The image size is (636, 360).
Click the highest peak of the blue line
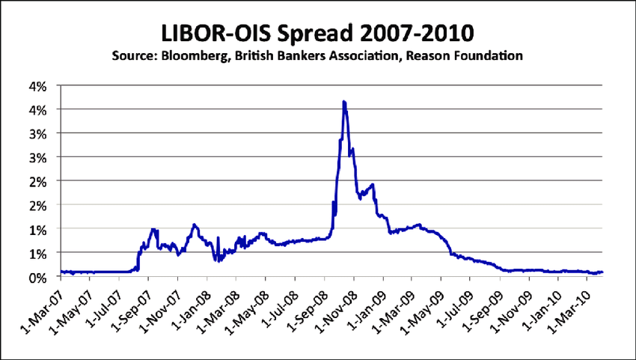(x=343, y=102)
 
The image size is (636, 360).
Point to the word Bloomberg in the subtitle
(x=198, y=56)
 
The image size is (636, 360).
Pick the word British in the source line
(x=262, y=56)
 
